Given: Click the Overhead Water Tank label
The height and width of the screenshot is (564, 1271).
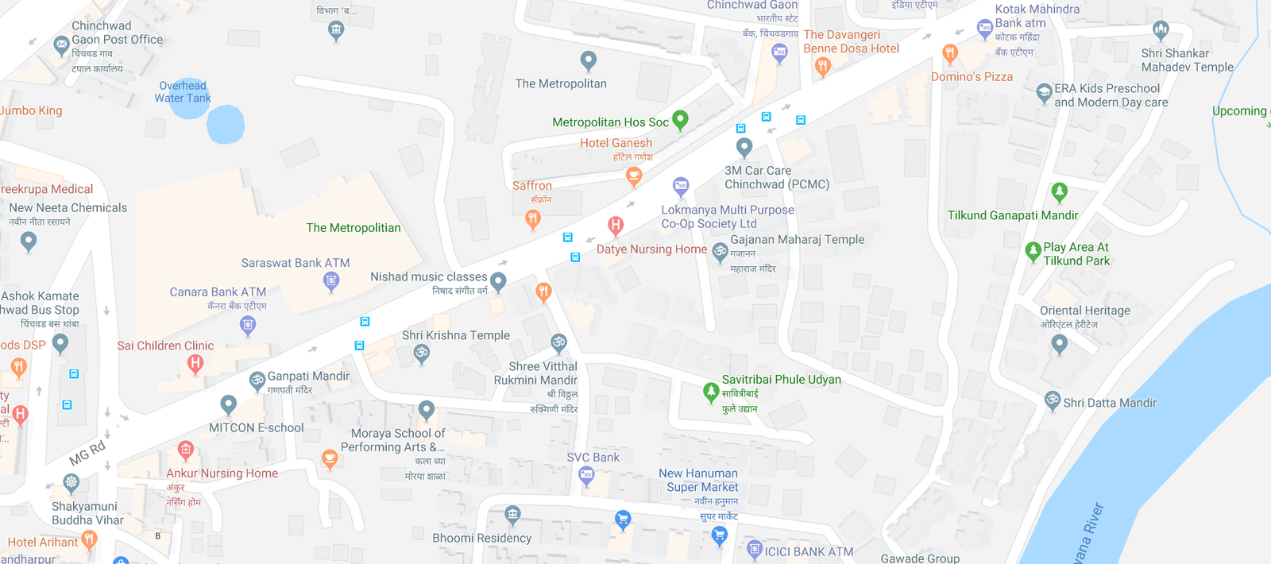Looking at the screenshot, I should (183, 92).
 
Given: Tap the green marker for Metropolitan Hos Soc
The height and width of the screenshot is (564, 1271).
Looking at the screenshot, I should (680, 119).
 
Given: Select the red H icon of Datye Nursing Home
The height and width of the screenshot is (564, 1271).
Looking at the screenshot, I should (616, 226).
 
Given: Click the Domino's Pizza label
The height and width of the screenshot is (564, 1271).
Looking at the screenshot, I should (972, 77).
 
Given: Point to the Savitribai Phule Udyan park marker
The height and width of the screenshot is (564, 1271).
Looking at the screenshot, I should (711, 392).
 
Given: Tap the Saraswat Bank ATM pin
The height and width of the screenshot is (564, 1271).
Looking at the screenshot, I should (331, 280).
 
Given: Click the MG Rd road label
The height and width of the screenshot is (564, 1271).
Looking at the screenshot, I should (87, 453).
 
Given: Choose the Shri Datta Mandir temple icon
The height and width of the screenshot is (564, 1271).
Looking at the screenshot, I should (1053, 400).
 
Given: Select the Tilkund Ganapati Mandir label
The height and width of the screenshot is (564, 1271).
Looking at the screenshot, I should (1013, 215).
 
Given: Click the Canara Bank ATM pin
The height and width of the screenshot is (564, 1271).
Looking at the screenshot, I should (248, 324).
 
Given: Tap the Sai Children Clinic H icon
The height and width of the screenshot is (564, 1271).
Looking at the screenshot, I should (195, 364).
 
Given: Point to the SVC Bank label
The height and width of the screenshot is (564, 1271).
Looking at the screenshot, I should (593, 458).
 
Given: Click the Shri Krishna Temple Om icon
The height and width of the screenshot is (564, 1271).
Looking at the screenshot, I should (422, 353).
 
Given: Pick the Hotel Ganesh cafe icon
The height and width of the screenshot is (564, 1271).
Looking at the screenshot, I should (634, 176).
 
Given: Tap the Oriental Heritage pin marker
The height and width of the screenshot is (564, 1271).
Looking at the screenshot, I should (1059, 343).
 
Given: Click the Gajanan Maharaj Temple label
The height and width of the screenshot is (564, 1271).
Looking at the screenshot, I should (797, 239).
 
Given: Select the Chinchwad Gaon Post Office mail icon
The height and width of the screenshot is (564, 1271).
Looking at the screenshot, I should (61, 45).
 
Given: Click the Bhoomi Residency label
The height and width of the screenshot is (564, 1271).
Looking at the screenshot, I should (481, 538).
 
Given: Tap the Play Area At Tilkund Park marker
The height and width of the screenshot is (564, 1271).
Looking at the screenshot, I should (1033, 252).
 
